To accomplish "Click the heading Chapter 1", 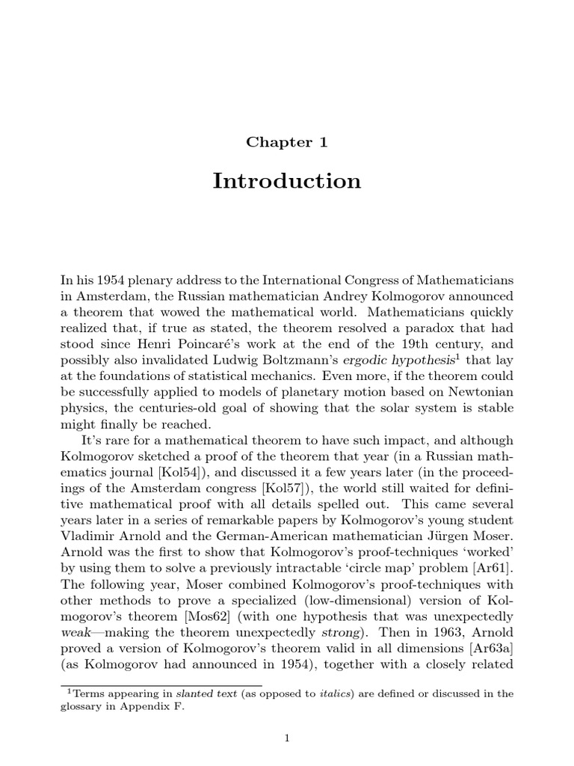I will tap(286, 141).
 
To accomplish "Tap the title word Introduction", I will tap(286, 182).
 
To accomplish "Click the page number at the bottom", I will tap(286, 739).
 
